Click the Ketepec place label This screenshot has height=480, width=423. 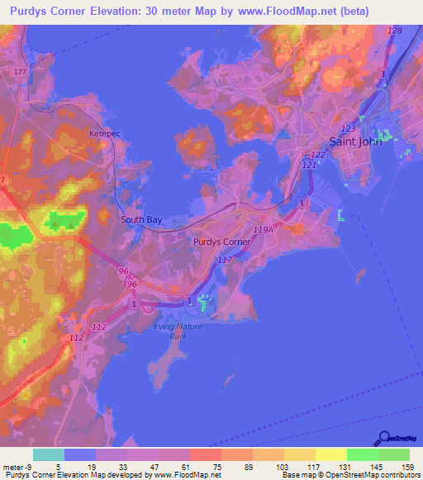point(105,132)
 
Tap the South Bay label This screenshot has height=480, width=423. point(141,219)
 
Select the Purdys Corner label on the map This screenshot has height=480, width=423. point(221,242)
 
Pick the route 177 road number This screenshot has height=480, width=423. point(20,73)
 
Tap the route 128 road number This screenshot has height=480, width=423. point(394,31)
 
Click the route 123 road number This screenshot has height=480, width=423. point(348,129)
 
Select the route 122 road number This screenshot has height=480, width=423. point(318,155)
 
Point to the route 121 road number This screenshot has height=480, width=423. point(309,166)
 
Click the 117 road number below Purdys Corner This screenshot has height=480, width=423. point(224,260)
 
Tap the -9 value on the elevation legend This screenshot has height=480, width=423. point(21,467)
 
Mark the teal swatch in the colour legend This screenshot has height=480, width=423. point(49,454)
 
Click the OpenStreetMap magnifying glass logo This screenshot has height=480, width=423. point(383,438)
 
